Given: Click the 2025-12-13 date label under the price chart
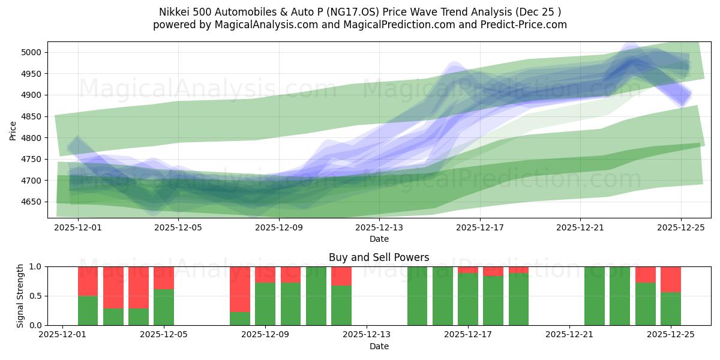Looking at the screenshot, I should click(x=379, y=227).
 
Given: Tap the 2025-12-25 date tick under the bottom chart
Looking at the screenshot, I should click(x=670, y=335).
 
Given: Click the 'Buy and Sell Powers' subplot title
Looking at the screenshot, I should click(x=379, y=257).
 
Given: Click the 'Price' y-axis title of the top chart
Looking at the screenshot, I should click(x=13, y=130).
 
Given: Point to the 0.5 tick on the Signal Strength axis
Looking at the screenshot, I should click(x=35, y=296).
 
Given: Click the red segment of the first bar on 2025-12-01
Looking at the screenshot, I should click(x=88, y=281).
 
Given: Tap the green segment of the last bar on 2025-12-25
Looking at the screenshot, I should click(x=670, y=309).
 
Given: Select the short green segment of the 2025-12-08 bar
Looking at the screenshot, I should click(x=240, y=319).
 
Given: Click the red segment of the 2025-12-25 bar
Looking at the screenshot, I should click(x=670, y=279).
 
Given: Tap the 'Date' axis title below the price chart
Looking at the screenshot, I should click(x=379, y=239).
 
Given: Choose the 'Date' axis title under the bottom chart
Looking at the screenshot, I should click(x=379, y=346).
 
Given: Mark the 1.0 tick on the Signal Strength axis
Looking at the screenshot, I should click(x=35, y=266).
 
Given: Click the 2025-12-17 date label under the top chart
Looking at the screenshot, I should click(x=479, y=227).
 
